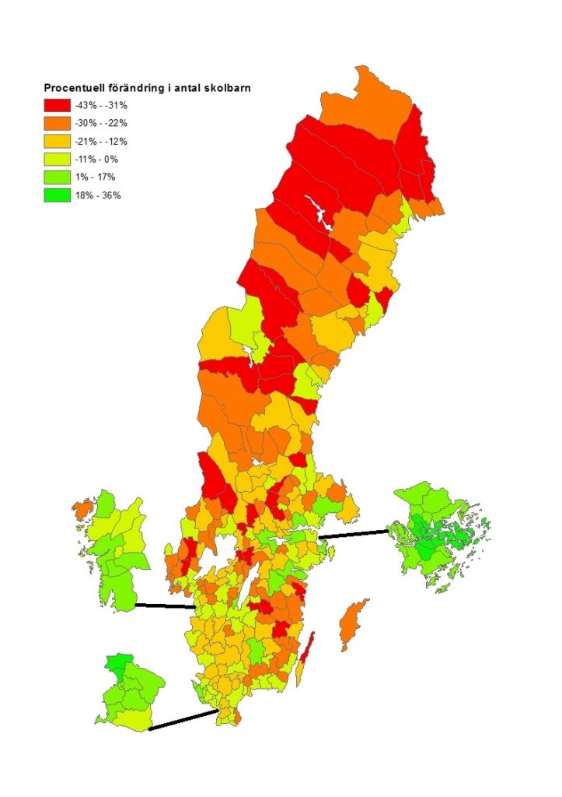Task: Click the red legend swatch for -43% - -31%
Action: pos(57,105)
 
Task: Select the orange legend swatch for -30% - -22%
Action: pos(57,123)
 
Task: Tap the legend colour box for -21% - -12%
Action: pos(57,142)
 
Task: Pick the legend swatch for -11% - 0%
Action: pos(57,160)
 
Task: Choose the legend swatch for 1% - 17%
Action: pos(57,177)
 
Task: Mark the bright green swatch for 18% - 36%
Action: pos(57,195)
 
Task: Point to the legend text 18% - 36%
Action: pos(98,195)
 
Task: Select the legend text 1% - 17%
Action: pos(96,177)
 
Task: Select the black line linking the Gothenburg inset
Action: pos(165,606)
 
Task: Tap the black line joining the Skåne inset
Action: pos(183,719)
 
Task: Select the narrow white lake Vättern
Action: pos(248,595)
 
